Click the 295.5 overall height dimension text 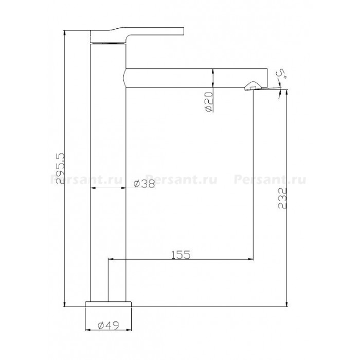[x=61, y=169]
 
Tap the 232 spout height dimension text [x=282, y=198]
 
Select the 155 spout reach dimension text [x=181, y=255]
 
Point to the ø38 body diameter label [x=144, y=184]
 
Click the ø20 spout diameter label [x=208, y=102]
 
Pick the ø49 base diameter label [x=108, y=326]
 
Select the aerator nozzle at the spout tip [x=253, y=86]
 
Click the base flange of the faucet [x=108, y=304]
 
